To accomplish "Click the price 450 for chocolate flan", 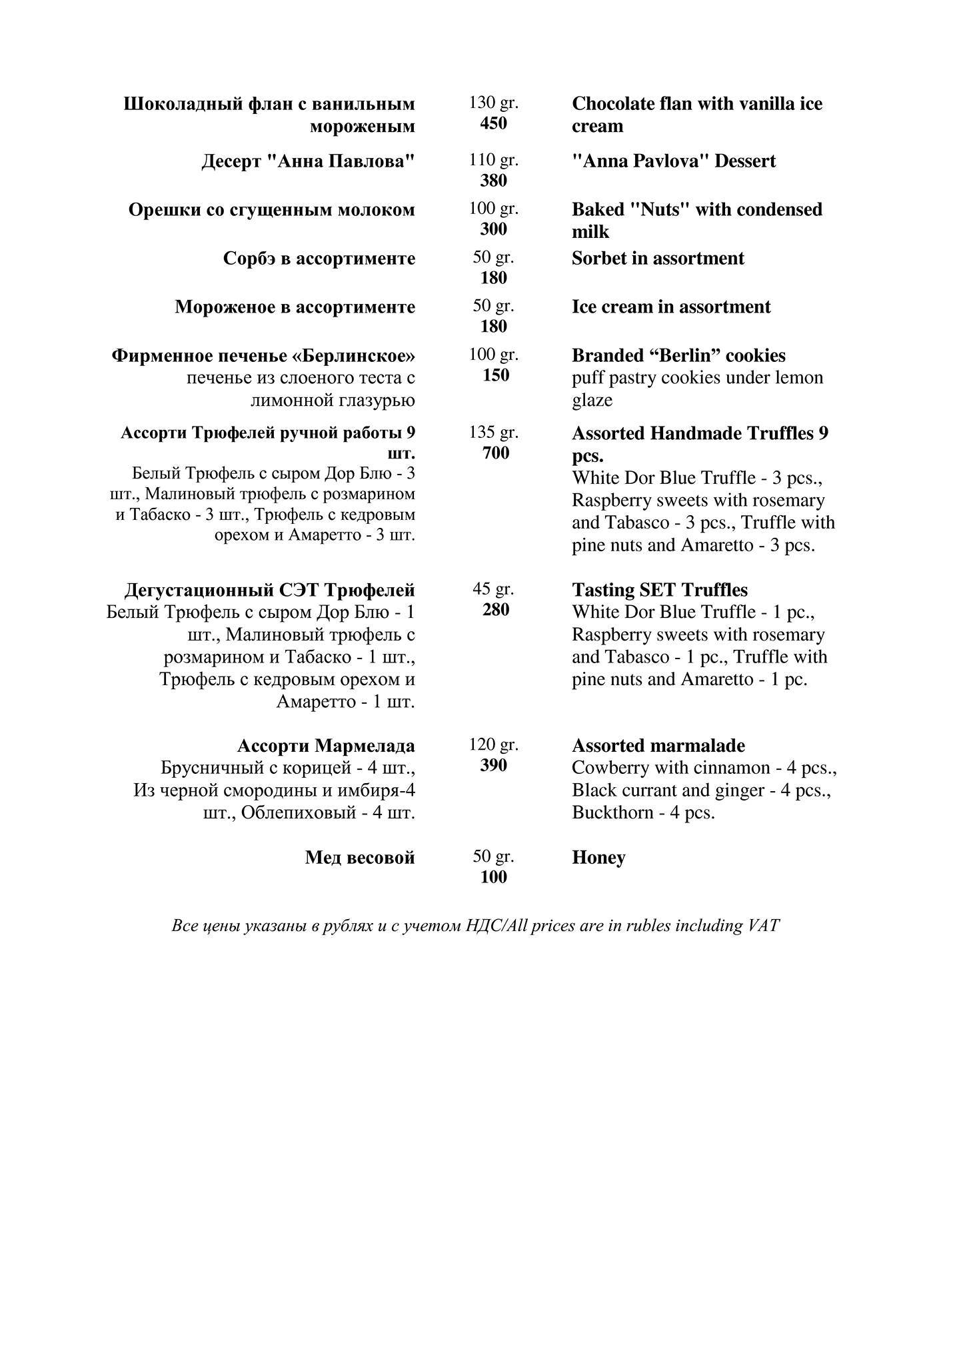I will [493, 123].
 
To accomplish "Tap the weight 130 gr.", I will [493, 103].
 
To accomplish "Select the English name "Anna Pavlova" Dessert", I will [673, 161].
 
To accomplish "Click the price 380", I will [493, 181].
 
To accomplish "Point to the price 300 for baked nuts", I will [493, 229].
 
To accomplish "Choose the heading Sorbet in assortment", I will [657, 259].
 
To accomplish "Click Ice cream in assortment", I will [670, 307].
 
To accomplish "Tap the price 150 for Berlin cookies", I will [495, 375].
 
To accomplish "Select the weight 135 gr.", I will [493, 433].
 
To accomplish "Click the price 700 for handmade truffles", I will [495, 453].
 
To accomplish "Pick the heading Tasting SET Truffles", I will [659, 591].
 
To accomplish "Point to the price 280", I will [495, 610].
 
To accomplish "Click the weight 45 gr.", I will [493, 589].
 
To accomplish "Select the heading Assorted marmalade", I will [658, 746].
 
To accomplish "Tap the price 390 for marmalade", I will [493, 765].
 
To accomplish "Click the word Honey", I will [598, 858].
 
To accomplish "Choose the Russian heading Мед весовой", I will [360, 858].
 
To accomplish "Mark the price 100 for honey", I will [493, 877].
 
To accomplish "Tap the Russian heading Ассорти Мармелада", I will [326, 746].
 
